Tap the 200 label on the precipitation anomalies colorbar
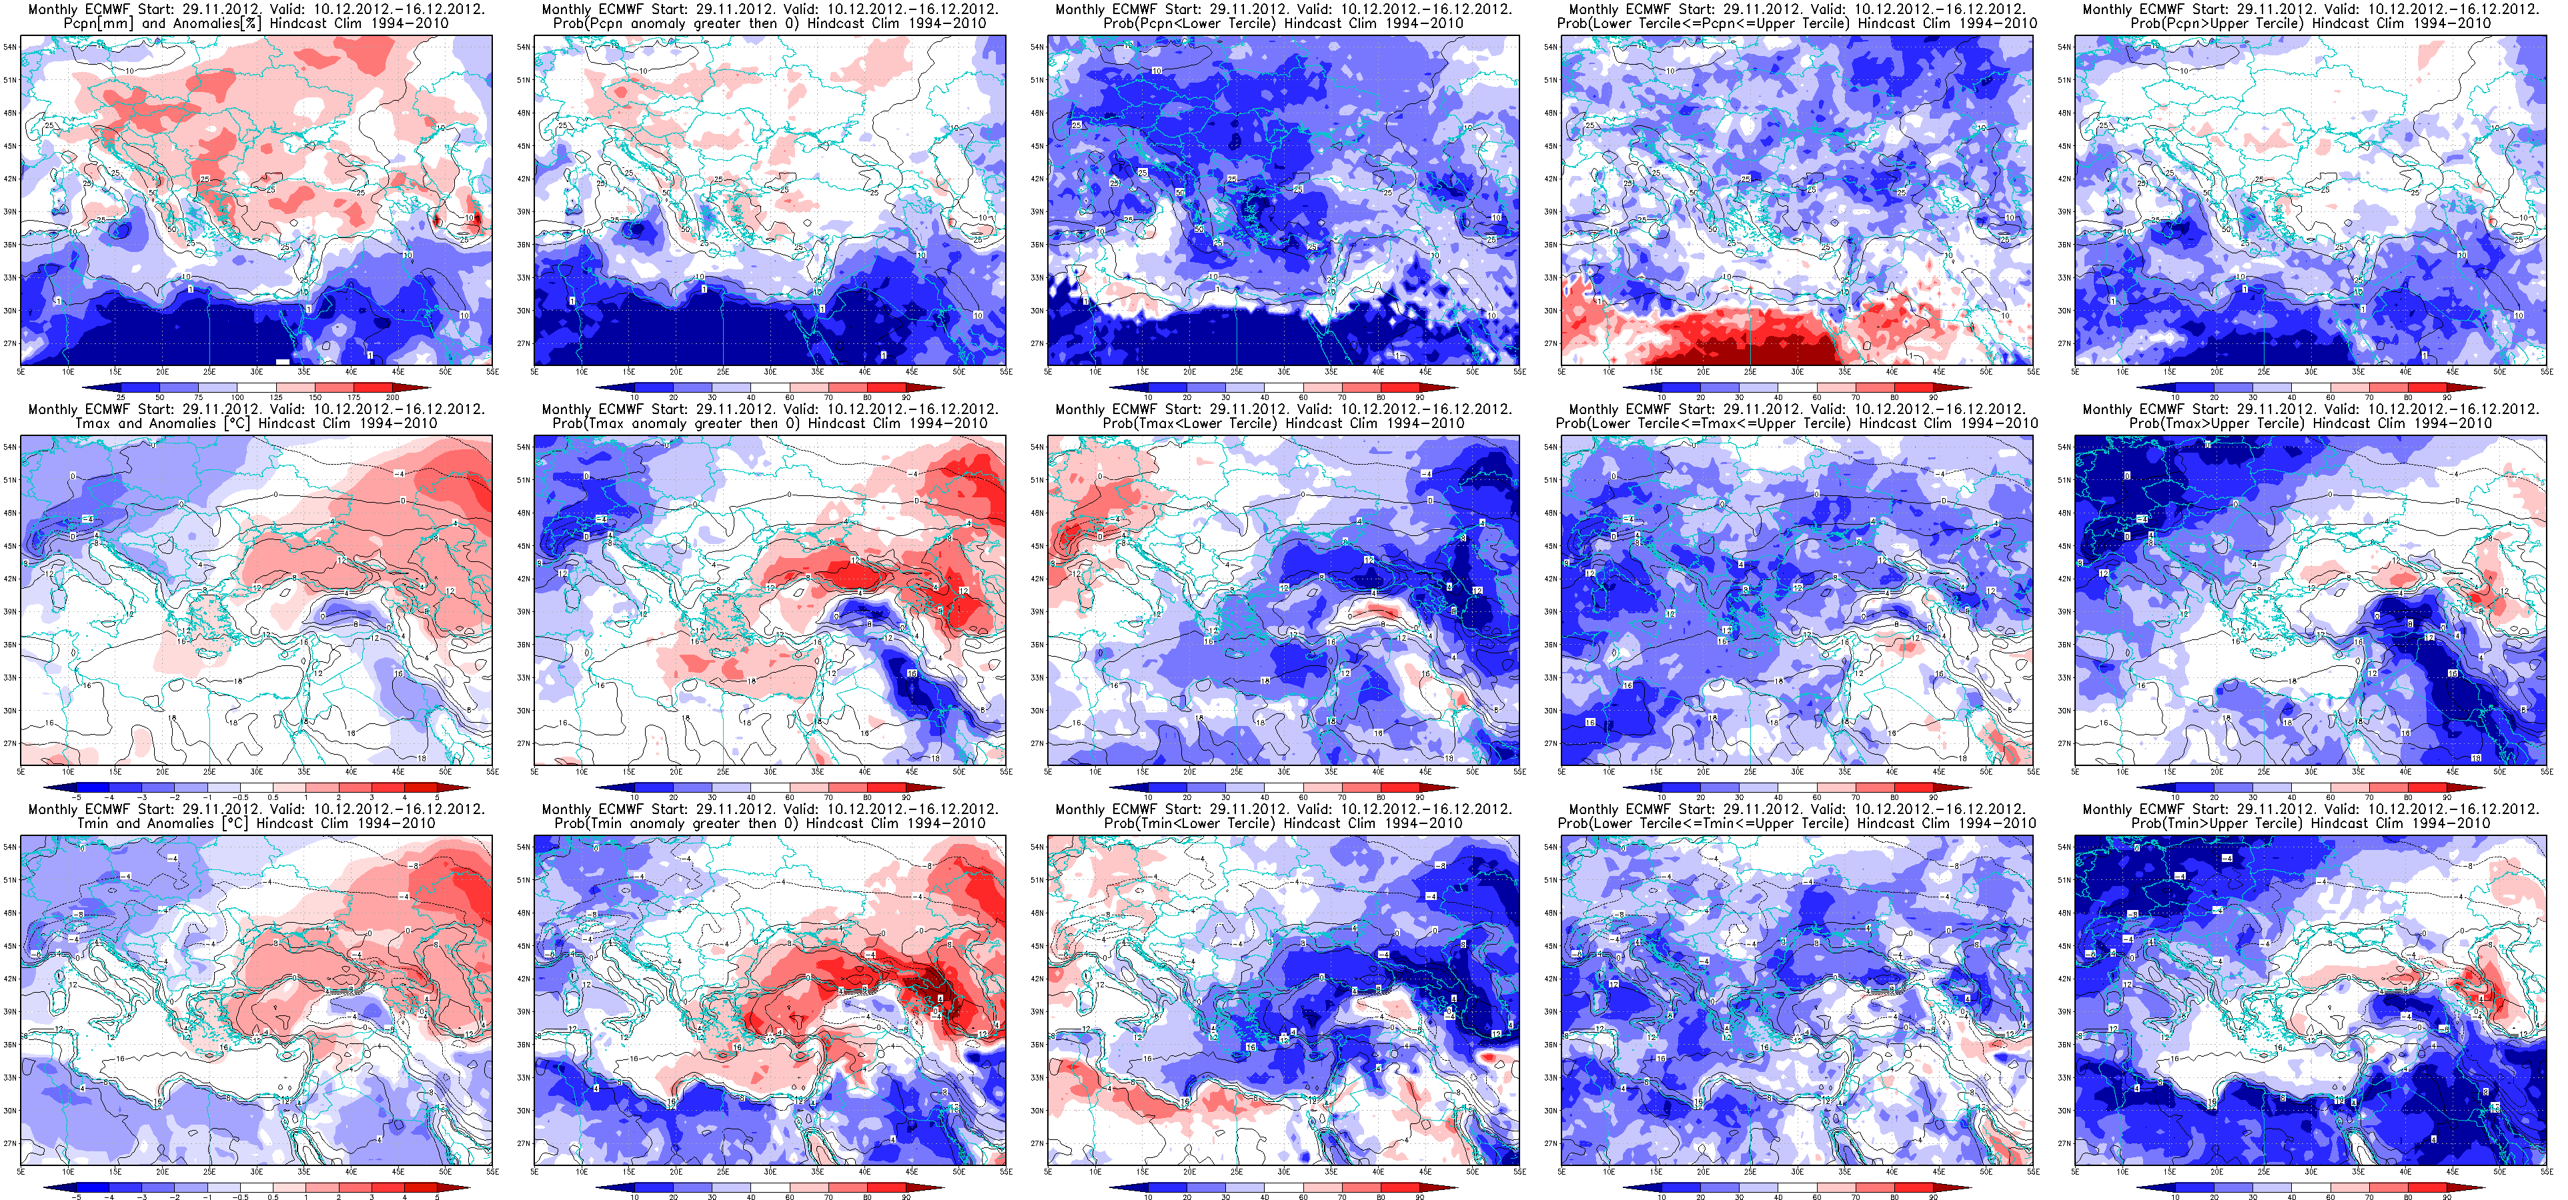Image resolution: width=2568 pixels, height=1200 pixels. click(x=393, y=397)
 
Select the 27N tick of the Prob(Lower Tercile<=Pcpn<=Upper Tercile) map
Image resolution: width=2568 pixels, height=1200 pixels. click(x=1550, y=344)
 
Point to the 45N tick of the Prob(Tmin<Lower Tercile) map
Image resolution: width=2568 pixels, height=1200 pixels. click(x=1037, y=946)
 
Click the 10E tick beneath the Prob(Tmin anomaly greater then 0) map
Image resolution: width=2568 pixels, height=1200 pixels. click(x=581, y=1172)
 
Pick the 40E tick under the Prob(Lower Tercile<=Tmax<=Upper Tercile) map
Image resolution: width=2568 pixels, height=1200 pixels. click(x=1891, y=771)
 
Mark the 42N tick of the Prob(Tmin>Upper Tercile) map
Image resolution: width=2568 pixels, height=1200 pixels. click(x=2064, y=979)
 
